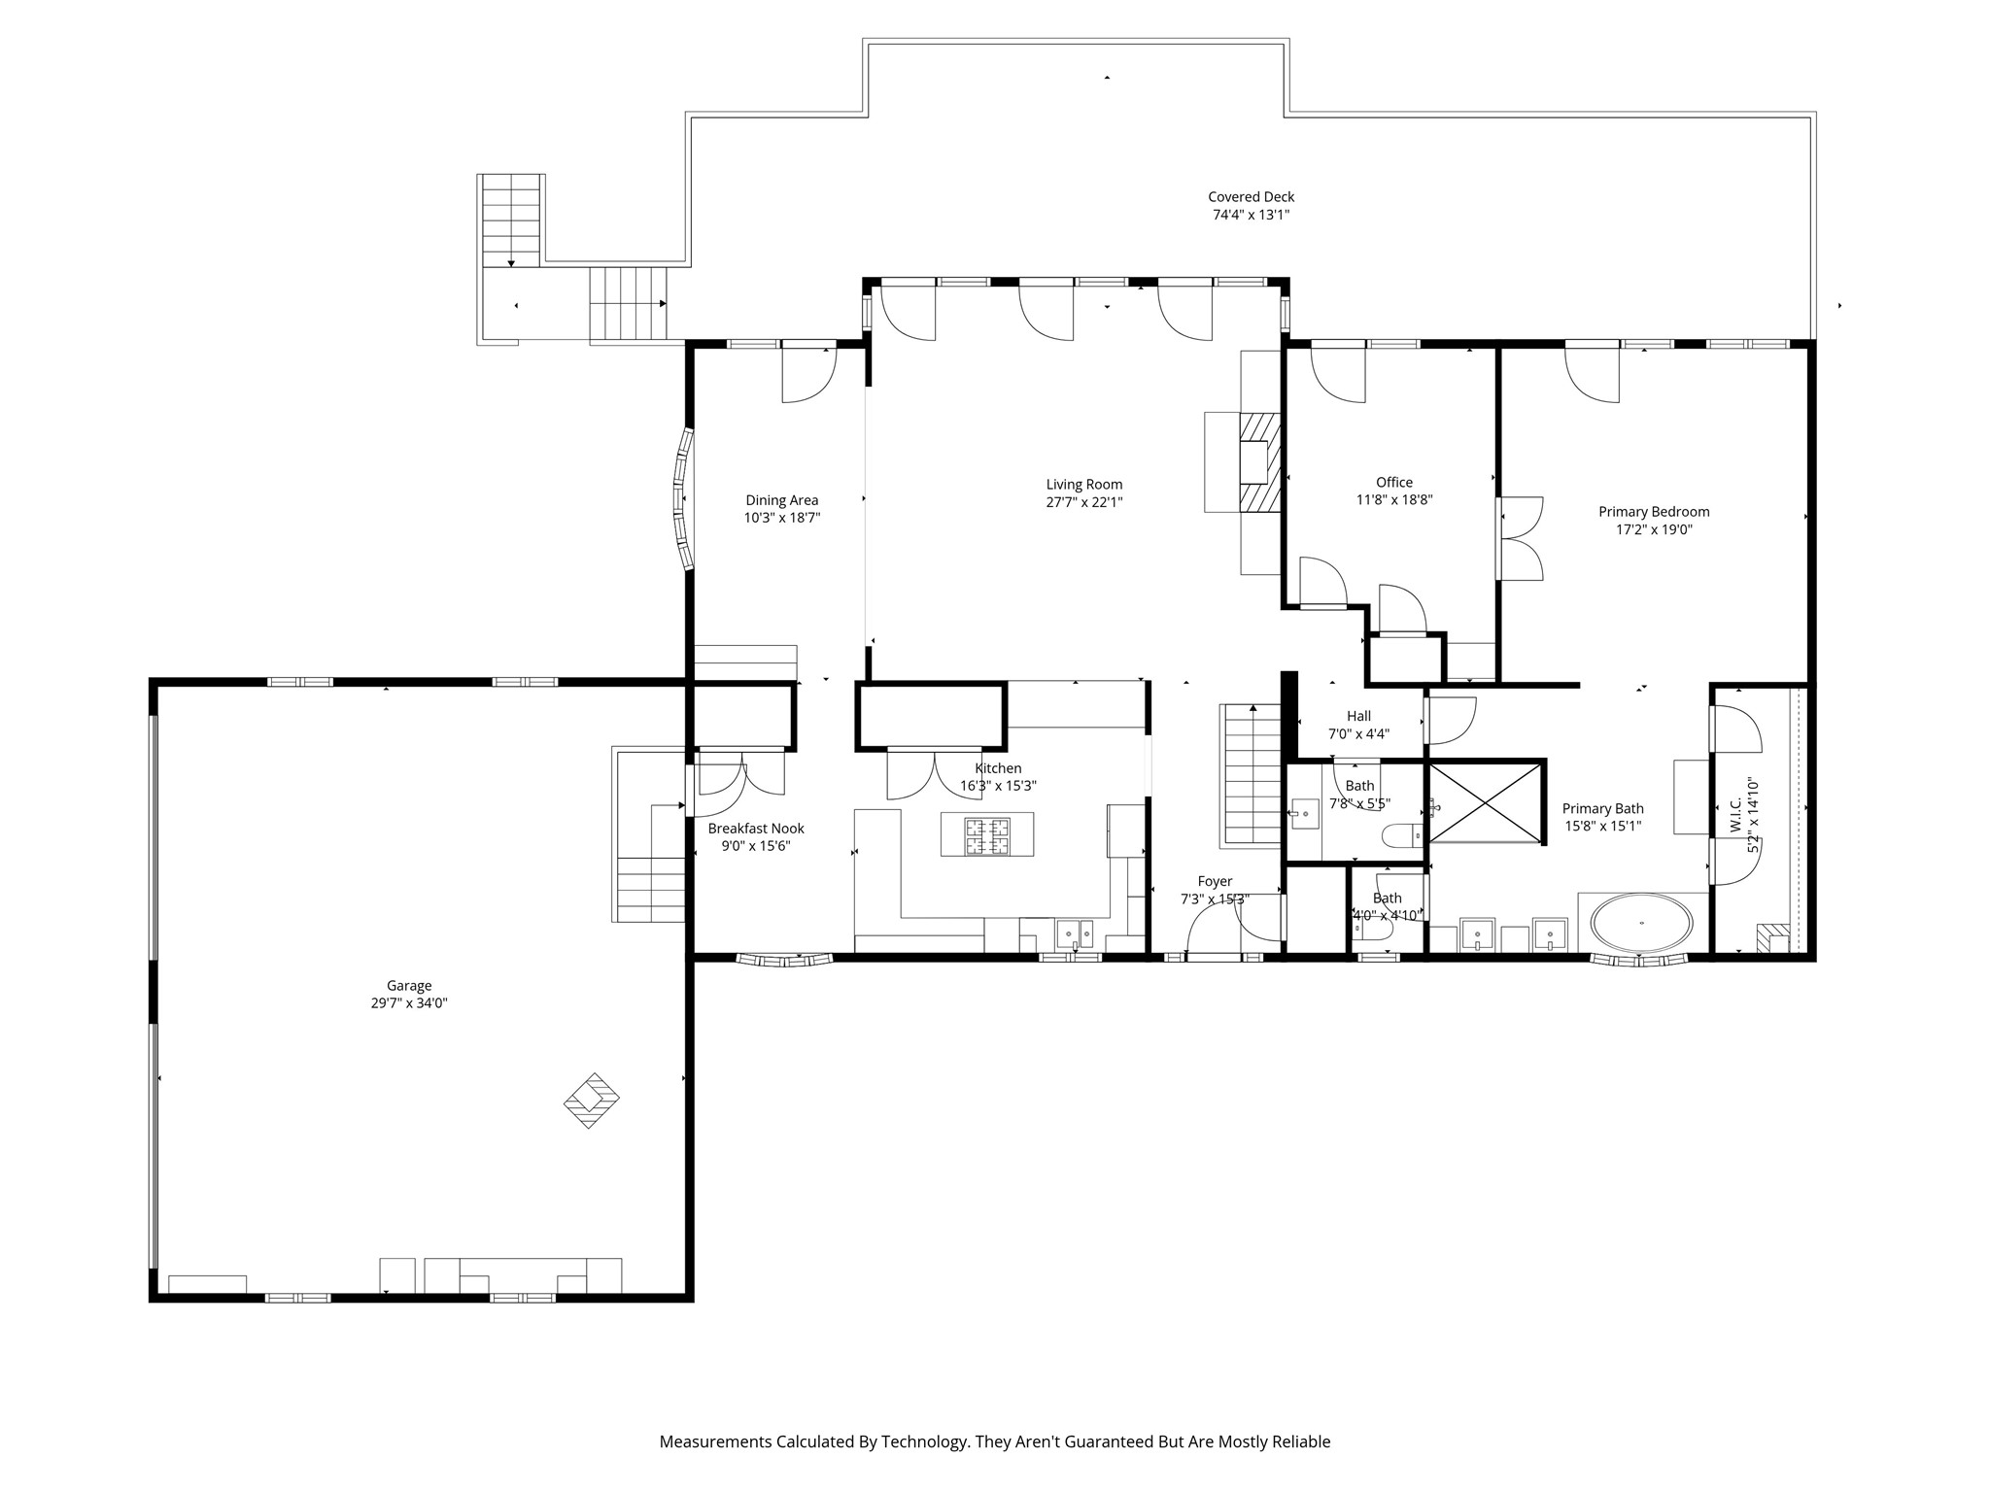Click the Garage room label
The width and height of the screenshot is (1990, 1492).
point(408,986)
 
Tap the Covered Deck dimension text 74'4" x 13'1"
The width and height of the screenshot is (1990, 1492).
point(1251,215)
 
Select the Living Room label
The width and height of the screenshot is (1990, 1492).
point(1083,485)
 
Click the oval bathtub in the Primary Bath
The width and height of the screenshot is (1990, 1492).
point(1642,923)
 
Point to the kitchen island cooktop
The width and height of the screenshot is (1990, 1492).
point(986,834)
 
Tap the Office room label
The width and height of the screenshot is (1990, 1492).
point(1394,483)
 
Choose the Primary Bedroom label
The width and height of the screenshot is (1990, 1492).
point(1654,512)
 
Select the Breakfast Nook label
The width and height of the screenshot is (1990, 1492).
point(756,829)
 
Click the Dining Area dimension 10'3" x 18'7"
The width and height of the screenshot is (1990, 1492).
point(782,518)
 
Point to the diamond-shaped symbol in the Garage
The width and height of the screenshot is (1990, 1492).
point(592,1100)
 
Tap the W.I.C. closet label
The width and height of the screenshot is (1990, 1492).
point(1736,815)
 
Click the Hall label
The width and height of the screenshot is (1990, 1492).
point(1358,717)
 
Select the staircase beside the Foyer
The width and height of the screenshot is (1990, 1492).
point(1252,775)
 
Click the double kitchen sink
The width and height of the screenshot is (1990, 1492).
point(1075,933)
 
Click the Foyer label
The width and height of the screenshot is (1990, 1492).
point(1215,882)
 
